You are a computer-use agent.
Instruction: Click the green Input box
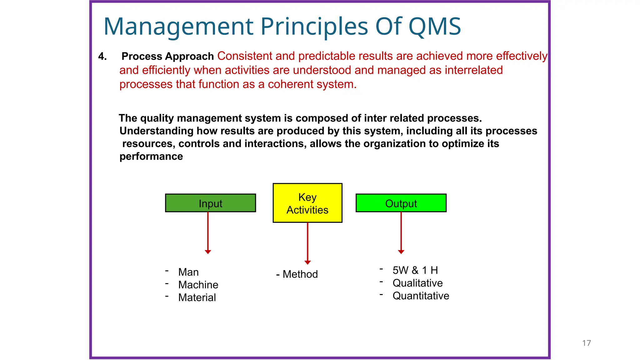click(210, 203)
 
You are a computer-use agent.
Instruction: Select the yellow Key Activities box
click(307, 203)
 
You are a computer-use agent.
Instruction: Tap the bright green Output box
click(401, 203)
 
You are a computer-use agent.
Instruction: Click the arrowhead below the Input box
click(208, 252)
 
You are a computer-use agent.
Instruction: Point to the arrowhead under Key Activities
click(307, 262)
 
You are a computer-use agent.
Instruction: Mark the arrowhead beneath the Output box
click(401, 252)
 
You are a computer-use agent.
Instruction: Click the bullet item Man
click(188, 272)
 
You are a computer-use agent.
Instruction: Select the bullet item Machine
click(198, 285)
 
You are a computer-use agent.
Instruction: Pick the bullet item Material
click(197, 298)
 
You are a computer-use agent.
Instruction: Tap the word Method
click(300, 274)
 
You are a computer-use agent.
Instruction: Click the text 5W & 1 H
click(415, 270)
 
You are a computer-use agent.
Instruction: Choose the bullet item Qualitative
click(417, 283)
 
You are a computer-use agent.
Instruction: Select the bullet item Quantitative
click(421, 296)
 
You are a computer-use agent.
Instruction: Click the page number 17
click(587, 343)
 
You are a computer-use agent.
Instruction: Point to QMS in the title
click(434, 26)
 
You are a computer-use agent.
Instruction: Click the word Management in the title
click(178, 27)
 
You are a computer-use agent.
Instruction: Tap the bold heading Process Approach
click(167, 56)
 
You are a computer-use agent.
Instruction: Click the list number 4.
click(102, 57)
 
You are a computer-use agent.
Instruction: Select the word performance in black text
click(151, 156)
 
